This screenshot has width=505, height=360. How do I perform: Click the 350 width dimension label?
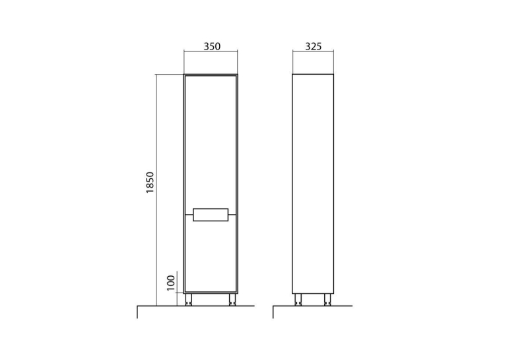click(213, 46)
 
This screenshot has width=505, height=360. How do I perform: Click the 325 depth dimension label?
click(313, 46)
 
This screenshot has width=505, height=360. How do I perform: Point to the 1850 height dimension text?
click(151, 182)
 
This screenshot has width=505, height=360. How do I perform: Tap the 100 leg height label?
click(171, 283)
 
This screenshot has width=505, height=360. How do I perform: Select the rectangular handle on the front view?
click(211, 215)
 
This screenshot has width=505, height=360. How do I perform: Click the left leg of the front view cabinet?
click(189, 299)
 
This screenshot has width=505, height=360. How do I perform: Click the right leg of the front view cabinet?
click(232, 299)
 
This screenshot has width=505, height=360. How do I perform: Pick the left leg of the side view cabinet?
click(298, 299)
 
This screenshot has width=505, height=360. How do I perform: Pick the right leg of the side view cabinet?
click(327, 299)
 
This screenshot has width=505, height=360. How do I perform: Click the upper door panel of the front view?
click(211, 142)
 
